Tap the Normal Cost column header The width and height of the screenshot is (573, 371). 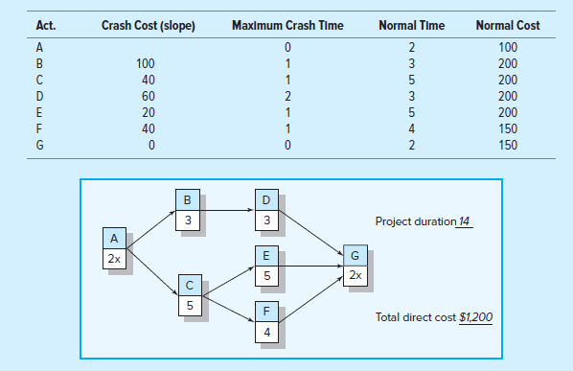[x=508, y=24]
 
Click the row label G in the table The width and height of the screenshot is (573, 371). [x=39, y=146]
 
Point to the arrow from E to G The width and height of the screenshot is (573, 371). [x=312, y=262]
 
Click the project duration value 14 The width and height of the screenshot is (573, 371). [x=465, y=222]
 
